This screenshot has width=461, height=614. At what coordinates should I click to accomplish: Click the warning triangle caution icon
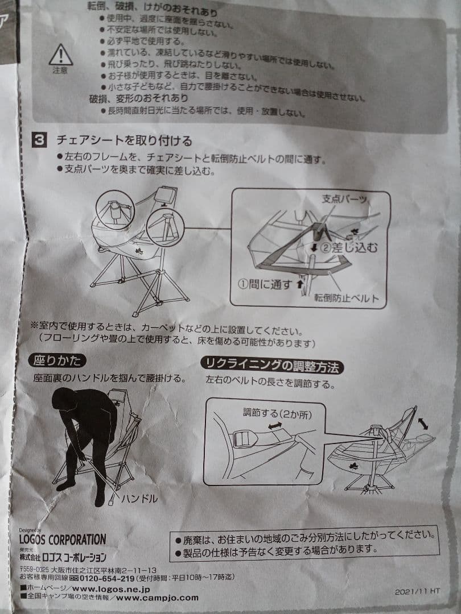(60, 55)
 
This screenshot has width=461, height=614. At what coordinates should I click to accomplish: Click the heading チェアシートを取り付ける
(124, 140)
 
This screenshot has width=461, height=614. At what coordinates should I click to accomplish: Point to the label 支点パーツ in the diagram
(344, 200)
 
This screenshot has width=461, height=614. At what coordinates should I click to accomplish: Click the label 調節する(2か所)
(277, 414)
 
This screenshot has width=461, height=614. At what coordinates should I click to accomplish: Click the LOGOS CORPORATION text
(63, 539)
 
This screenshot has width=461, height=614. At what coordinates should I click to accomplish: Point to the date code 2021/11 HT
(417, 591)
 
